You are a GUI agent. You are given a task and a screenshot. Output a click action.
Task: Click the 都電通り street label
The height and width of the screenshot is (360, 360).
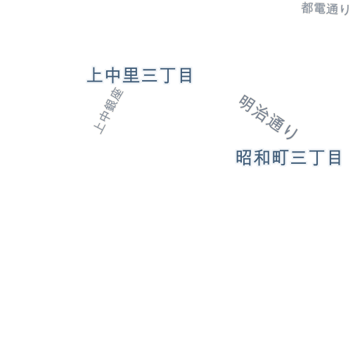pos(326,8)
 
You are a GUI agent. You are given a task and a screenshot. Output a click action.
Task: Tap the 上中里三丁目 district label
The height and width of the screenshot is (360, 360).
pos(140,75)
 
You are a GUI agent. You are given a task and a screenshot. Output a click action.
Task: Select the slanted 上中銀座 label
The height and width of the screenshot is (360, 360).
pos(108,111)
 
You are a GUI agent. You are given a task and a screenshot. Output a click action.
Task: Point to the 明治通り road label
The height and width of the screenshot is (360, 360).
pos(269,117)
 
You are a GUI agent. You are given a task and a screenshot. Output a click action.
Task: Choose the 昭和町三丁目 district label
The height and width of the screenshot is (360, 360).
pos(288,157)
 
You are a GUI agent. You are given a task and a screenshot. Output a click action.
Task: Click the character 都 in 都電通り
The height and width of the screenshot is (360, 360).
pos(307,8)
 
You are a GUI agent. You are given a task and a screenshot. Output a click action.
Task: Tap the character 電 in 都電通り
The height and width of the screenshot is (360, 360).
pos(319,8)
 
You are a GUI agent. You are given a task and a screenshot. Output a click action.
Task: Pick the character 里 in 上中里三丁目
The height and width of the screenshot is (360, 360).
pos(131,75)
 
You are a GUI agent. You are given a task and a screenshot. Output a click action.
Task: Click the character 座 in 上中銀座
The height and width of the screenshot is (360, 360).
pos(117,94)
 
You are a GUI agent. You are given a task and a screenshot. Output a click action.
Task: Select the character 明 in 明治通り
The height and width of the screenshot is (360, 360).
pos(247,103)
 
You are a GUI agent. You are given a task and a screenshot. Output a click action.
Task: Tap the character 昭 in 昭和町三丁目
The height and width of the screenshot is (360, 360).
pos(244,157)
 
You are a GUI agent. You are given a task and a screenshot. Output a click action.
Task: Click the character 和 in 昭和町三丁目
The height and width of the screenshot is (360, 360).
pos(262,157)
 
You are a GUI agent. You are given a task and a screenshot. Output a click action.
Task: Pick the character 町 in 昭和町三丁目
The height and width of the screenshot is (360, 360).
pos(280,157)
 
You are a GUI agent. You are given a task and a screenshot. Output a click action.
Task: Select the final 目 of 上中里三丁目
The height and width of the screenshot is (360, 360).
pos(186,75)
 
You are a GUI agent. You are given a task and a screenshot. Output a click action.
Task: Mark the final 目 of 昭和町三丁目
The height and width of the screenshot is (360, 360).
pos(335,157)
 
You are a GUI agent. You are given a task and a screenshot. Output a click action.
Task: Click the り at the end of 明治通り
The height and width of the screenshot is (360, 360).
pos(291,134)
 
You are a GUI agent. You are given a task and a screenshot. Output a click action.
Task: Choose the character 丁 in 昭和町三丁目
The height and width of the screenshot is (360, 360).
pos(316,157)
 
